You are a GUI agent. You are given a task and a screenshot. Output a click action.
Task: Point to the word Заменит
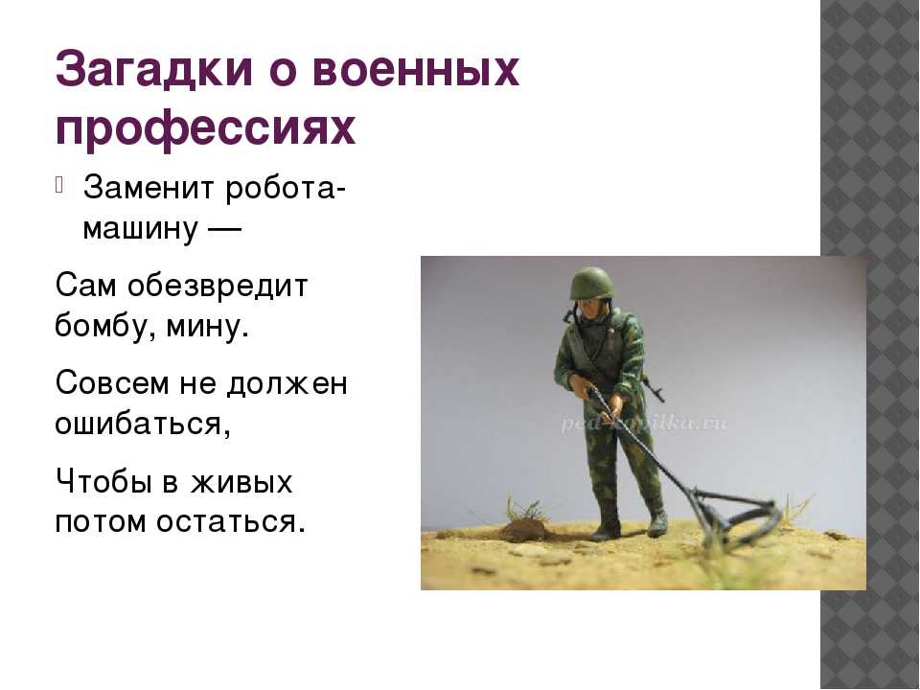tap(149, 188)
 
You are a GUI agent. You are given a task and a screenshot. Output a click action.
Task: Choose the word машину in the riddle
tap(141, 228)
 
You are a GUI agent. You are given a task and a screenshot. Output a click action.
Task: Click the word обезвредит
tap(218, 287)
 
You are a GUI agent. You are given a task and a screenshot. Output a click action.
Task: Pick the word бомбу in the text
tap(105, 325)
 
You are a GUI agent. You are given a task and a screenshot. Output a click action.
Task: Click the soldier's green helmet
tap(591, 284)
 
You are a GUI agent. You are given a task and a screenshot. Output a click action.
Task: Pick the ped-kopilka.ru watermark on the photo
tap(644, 424)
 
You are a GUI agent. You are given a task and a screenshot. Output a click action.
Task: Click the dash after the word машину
tap(224, 229)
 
